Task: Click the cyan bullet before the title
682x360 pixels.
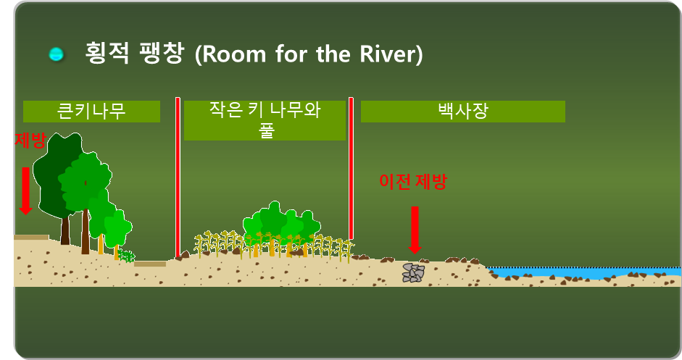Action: point(56,54)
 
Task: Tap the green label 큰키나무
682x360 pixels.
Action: point(91,111)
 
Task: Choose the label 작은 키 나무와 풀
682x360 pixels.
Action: point(265,120)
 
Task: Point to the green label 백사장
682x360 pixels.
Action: point(462,111)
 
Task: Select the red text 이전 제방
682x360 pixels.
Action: point(413,181)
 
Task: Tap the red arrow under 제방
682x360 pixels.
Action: point(25,191)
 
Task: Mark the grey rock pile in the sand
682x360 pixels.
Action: point(414,272)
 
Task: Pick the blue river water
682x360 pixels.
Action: point(580,273)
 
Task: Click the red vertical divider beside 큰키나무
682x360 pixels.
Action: point(178,177)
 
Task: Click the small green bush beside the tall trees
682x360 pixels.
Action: point(128,256)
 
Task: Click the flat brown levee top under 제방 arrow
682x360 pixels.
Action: point(31,237)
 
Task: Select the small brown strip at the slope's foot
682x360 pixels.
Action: point(149,264)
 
